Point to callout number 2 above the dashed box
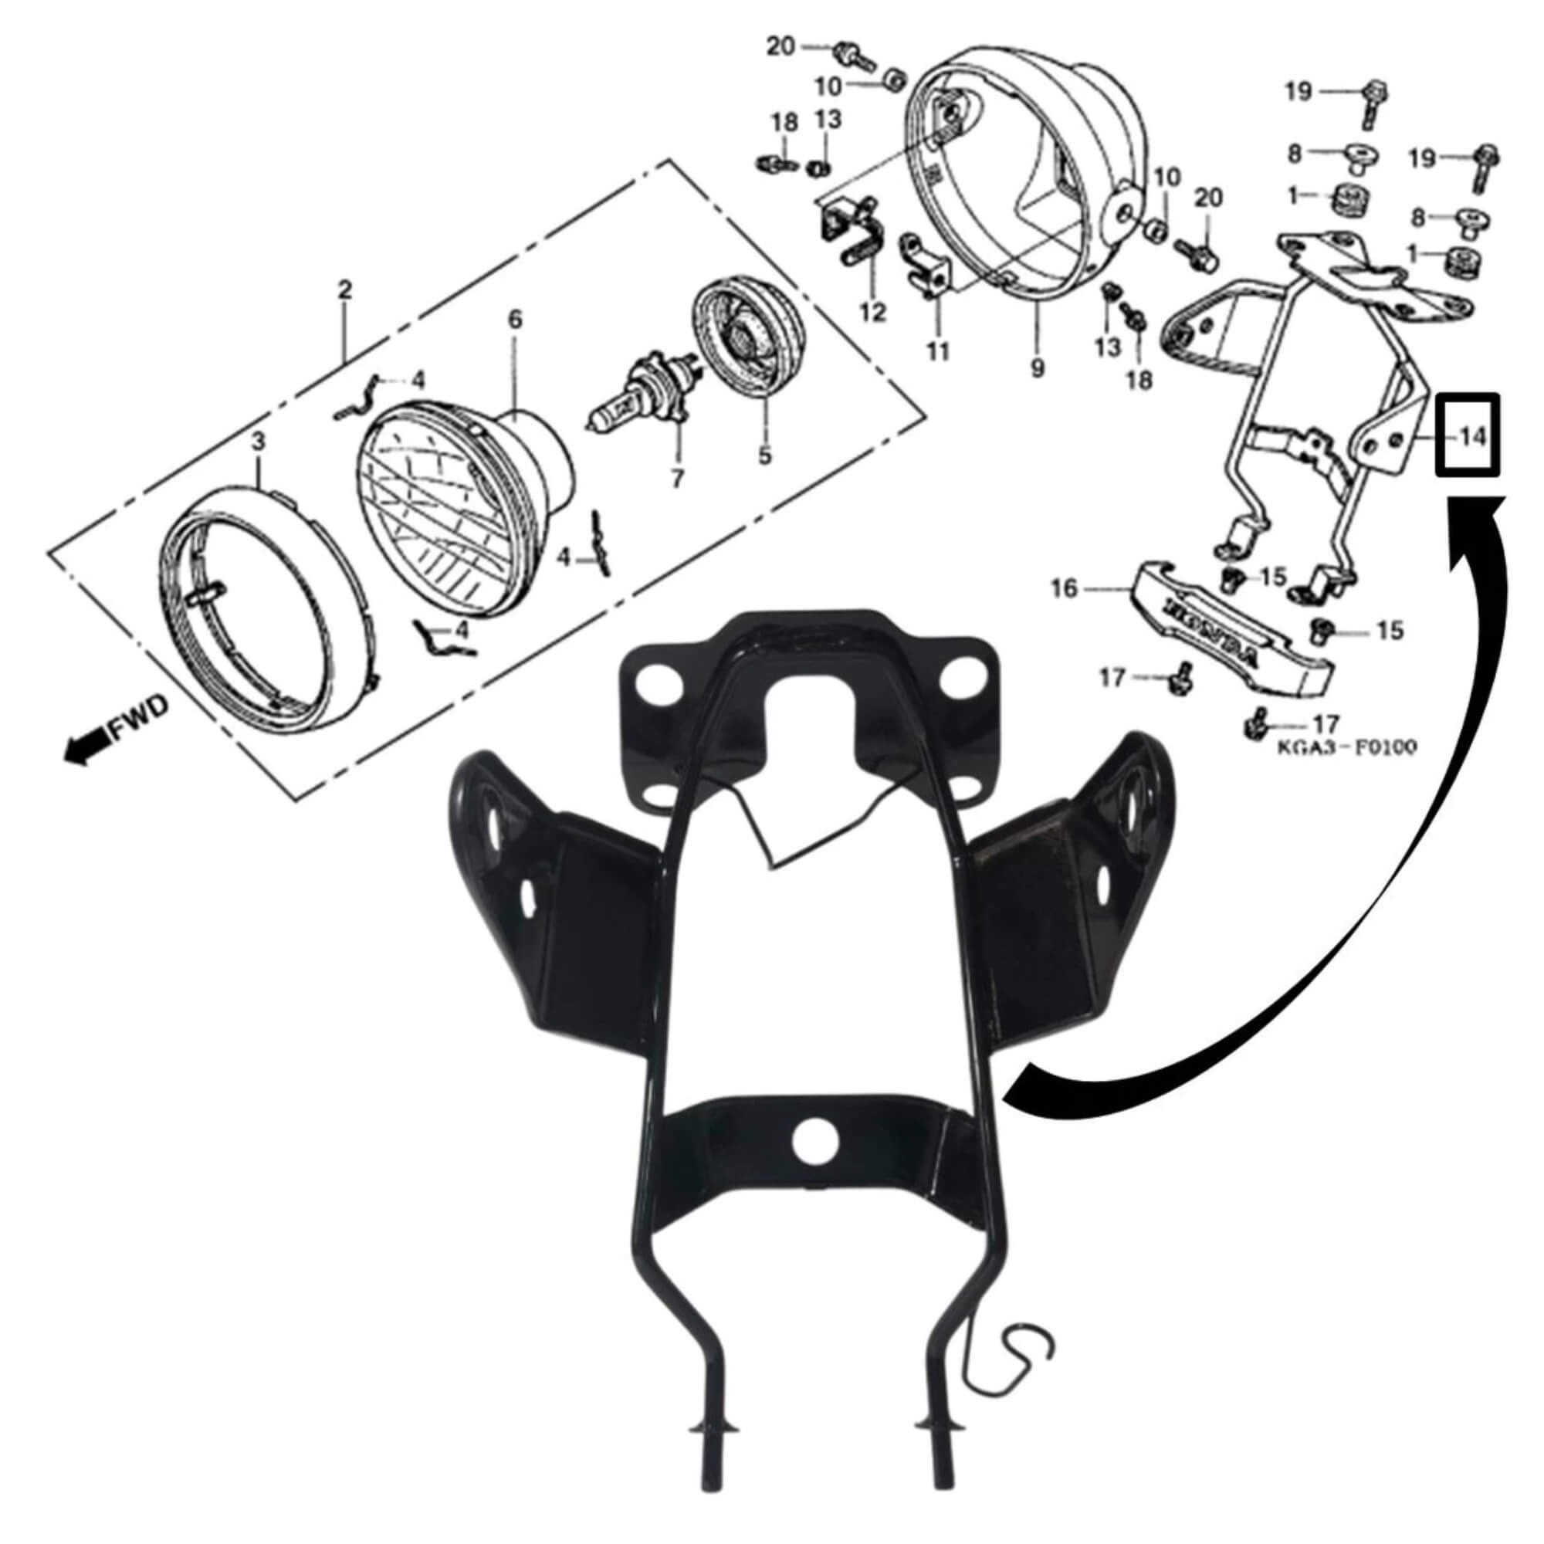(345, 289)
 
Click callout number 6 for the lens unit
(516, 320)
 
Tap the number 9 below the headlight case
(1038, 368)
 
